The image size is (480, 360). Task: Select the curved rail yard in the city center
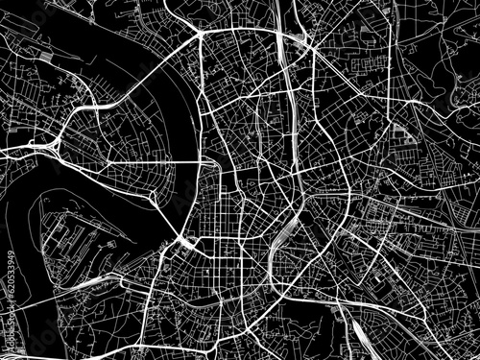[x=282, y=235]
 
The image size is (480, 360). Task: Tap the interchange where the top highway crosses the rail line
[x=301, y=42]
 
